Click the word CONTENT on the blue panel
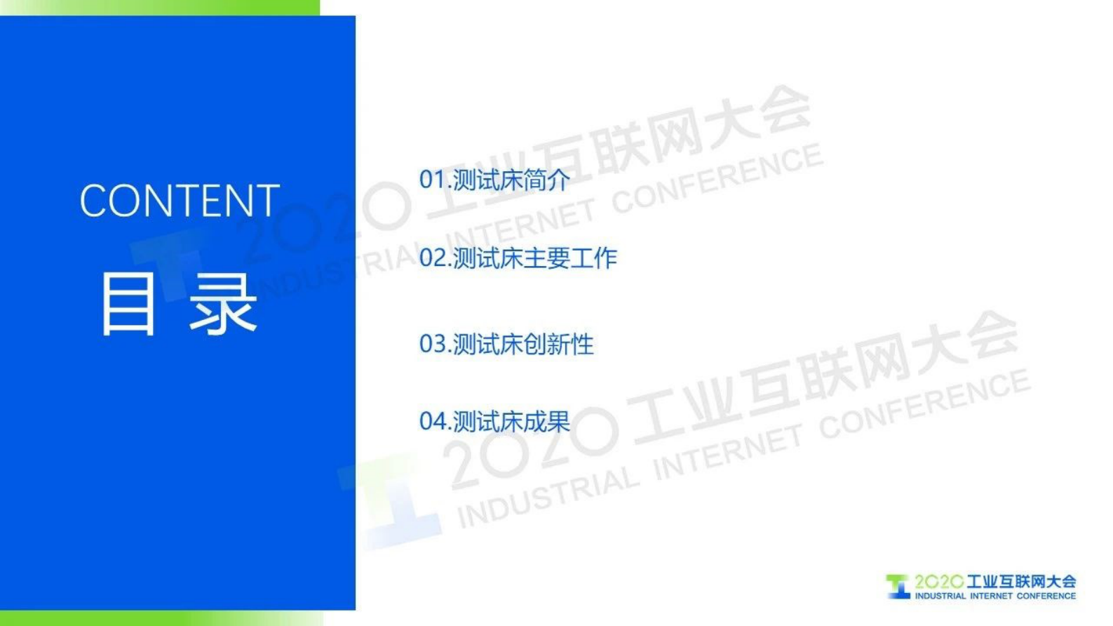[180, 201]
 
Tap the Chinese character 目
[128, 305]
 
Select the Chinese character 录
[223, 305]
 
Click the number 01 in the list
[432, 180]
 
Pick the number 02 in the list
[432, 258]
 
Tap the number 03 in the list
[432, 344]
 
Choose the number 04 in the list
[432, 421]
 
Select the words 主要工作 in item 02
[570, 258]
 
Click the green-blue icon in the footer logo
[898, 587]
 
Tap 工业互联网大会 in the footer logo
[1021, 582]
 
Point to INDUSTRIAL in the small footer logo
[940, 596]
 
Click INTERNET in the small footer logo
[991, 596]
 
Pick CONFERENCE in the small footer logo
[1046, 596]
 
